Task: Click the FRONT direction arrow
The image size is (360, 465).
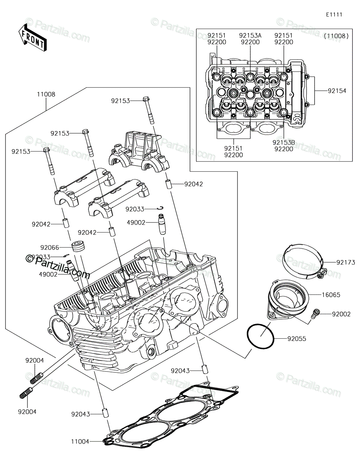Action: click(33, 38)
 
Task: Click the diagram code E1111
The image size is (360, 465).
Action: click(334, 15)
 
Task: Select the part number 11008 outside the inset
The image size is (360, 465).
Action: click(46, 94)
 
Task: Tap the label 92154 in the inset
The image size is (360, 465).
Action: click(337, 91)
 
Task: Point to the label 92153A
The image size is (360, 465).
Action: click(250, 35)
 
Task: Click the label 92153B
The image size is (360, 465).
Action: click(284, 142)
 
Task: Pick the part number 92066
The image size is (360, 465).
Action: click(50, 248)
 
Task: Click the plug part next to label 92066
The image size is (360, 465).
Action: click(78, 246)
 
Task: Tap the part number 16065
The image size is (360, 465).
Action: click(331, 295)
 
